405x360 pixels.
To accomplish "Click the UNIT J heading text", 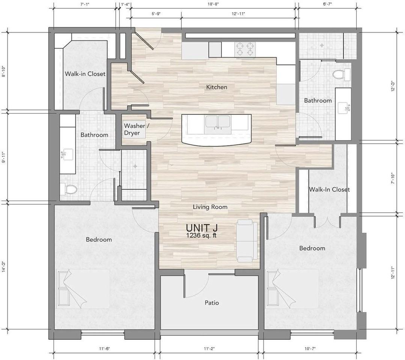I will [202, 228].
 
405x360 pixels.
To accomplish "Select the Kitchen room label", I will [217, 87].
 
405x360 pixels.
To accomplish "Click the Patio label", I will [212, 303].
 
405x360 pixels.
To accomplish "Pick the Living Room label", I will [210, 207].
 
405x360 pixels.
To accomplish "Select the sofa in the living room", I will [247, 241].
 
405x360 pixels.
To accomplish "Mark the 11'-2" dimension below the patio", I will [209, 349].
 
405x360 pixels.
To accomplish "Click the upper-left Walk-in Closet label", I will [85, 74].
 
